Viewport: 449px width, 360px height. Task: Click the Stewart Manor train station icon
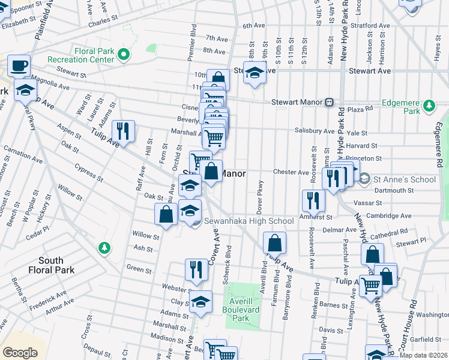[329, 103]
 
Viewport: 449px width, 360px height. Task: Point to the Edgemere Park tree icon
[429, 106]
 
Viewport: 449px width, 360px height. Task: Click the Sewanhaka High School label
[249, 221]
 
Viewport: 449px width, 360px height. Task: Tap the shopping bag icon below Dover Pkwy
[274, 243]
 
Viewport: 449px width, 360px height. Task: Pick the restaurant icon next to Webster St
[196, 270]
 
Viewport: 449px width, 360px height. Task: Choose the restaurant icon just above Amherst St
[313, 200]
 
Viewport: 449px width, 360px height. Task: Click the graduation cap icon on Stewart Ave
[255, 73]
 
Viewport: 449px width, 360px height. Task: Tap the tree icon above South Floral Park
[104, 248]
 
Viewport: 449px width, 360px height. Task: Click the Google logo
[20, 352]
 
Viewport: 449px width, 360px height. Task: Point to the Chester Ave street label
[291, 172]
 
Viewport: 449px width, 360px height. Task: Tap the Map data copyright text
[424, 355]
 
